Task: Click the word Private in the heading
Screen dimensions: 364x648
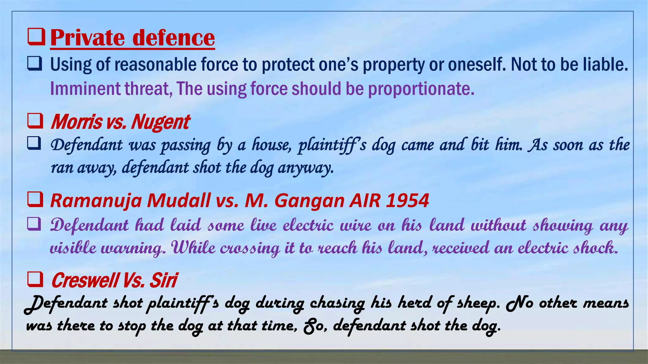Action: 87,38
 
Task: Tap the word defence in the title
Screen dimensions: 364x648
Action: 173,38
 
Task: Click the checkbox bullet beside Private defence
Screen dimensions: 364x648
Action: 36,37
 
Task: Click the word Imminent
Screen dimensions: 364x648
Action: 85,88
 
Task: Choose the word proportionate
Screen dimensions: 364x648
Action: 421,89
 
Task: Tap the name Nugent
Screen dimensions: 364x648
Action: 160,122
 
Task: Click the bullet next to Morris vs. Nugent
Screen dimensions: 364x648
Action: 35,121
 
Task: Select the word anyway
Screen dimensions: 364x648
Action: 306,167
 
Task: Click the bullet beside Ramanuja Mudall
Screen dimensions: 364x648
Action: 35,200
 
